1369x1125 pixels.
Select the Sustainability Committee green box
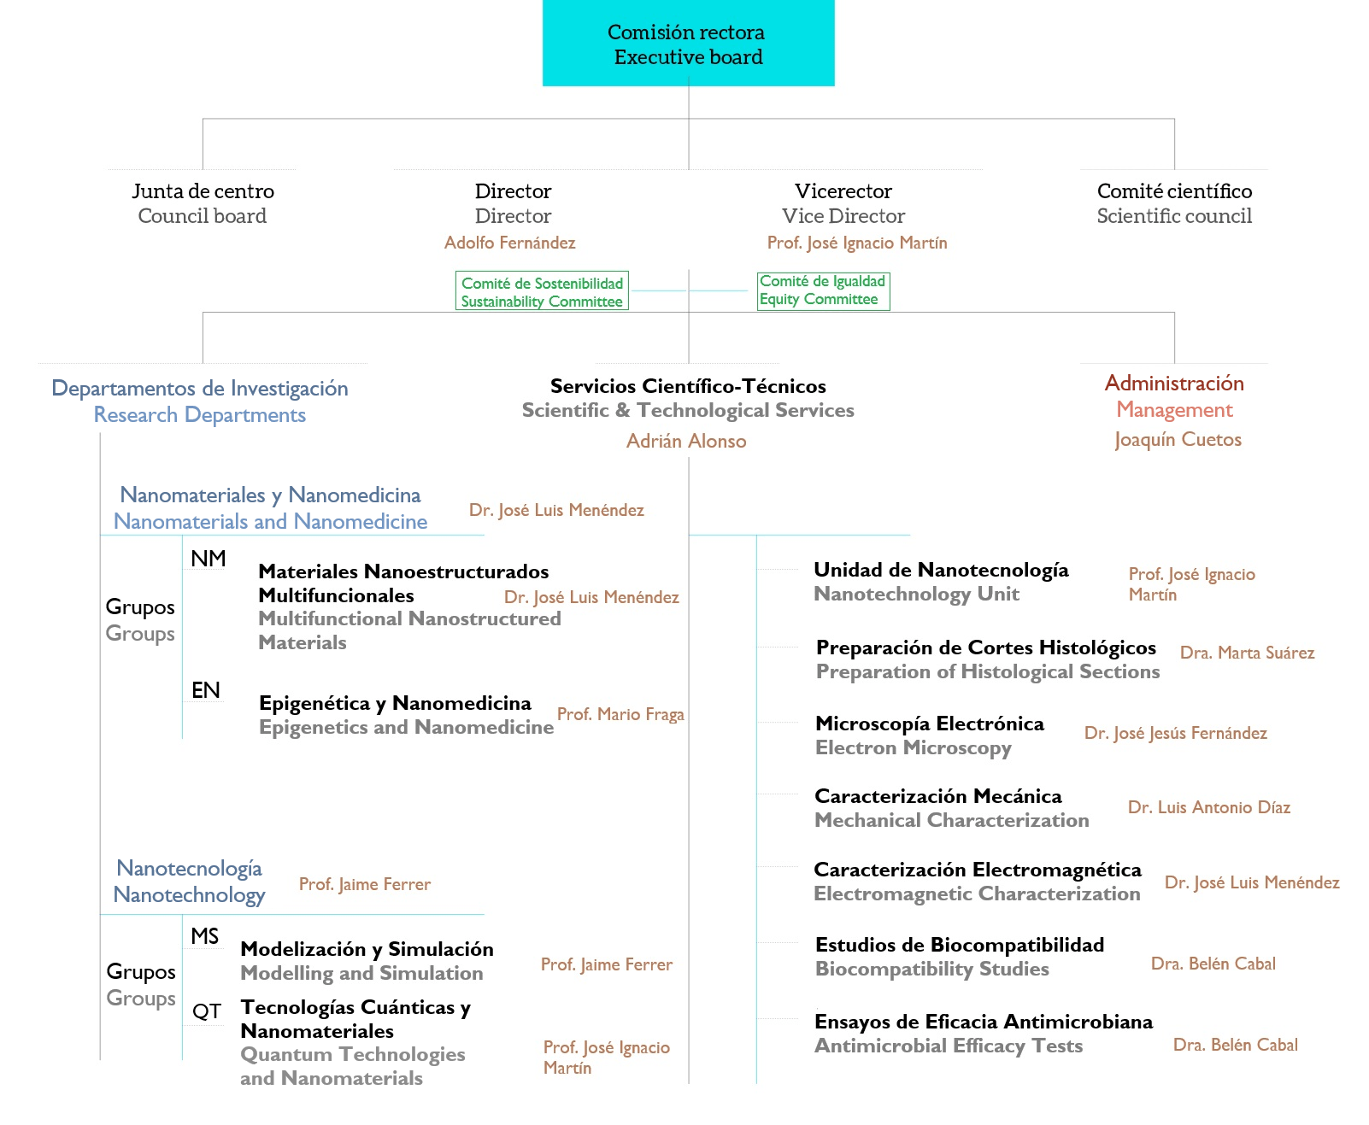542,291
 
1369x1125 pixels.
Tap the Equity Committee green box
822,290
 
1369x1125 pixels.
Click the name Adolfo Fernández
509,243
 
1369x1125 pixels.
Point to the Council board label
203,216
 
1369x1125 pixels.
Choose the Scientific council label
1174,216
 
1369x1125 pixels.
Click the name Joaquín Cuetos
1178,440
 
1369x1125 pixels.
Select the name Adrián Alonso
686,442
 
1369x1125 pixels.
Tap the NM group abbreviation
208,559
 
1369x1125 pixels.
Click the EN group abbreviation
206,690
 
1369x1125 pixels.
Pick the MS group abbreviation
205,936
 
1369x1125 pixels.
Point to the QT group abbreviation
207,1011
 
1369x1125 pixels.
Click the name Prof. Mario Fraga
620,715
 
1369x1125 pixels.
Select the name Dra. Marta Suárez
1247,653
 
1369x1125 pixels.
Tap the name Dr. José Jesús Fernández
1175,734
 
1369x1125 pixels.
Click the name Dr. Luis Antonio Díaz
1208,808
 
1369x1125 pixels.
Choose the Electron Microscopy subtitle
913,748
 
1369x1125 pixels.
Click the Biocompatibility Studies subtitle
931,970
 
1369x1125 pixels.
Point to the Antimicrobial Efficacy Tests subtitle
948,1046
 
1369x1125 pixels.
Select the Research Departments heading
200,415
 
